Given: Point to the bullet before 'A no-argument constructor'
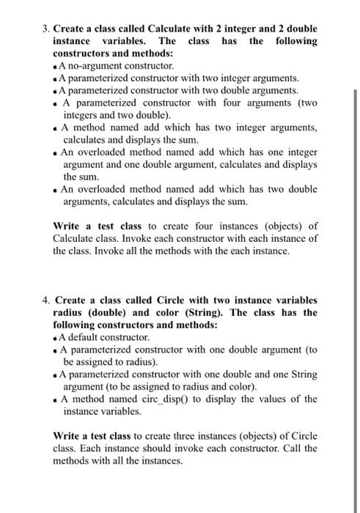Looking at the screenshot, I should coord(56,66).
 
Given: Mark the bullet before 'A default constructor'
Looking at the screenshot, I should coord(56,338).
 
